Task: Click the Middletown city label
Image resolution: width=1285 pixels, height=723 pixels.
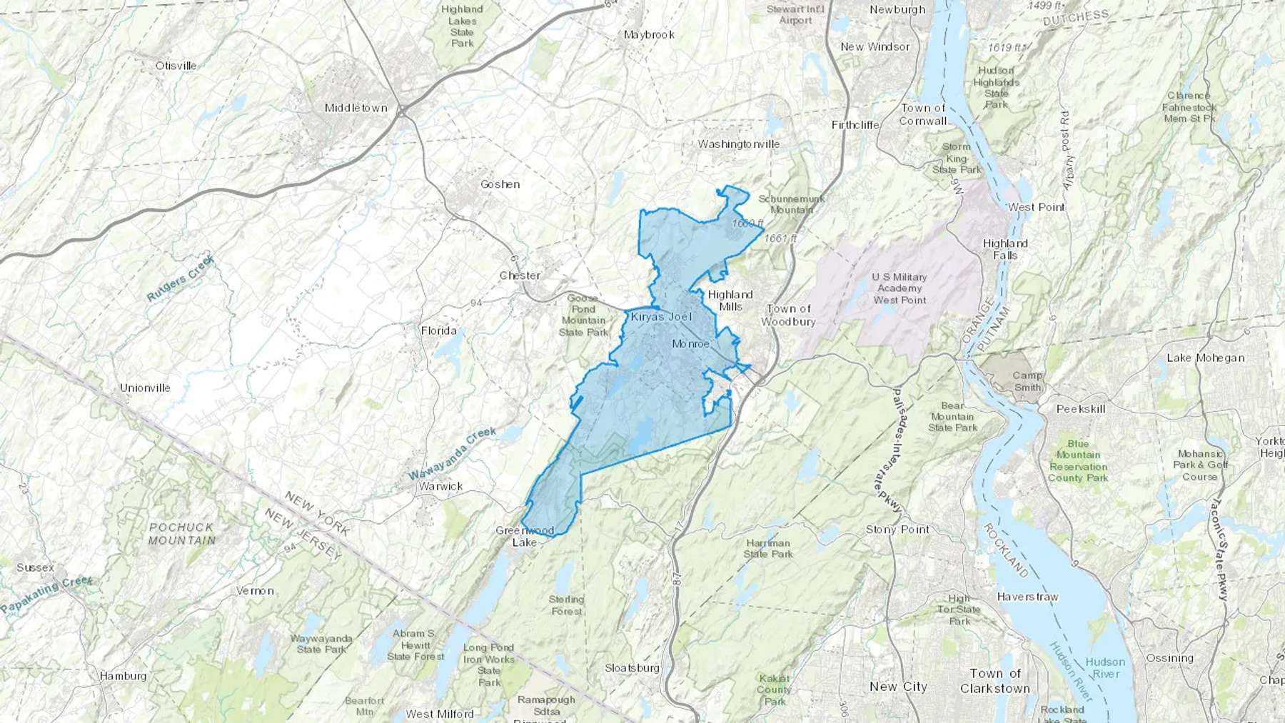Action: point(356,108)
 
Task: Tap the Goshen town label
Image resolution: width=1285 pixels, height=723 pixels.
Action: point(500,184)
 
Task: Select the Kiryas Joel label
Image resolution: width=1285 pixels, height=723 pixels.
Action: point(661,316)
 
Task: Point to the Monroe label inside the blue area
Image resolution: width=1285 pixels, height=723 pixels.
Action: point(691,344)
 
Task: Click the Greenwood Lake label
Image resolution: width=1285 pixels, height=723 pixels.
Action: point(525,536)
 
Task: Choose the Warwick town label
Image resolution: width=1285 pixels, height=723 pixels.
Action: point(440,486)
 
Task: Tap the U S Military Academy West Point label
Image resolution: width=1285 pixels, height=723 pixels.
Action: point(899,288)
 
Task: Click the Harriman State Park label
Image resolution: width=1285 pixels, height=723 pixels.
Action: point(768,548)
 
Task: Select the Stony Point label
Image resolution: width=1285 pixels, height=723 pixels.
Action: point(897,530)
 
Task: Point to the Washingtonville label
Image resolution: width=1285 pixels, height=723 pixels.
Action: point(739,144)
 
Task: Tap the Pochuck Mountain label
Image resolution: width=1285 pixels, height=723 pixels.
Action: point(181,533)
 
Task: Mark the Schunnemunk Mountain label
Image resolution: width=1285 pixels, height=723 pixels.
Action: point(791,204)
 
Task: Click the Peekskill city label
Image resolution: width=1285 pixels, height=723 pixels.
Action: point(1081,409)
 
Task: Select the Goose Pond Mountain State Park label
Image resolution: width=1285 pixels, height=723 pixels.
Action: point(583,315)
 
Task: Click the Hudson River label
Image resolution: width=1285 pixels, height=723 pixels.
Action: point(1106,667)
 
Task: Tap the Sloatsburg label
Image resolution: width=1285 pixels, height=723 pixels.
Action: point(632,668)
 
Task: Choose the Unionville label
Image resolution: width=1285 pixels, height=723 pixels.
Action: point(145,388)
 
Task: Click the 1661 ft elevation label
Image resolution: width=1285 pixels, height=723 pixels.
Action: point(780,238)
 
